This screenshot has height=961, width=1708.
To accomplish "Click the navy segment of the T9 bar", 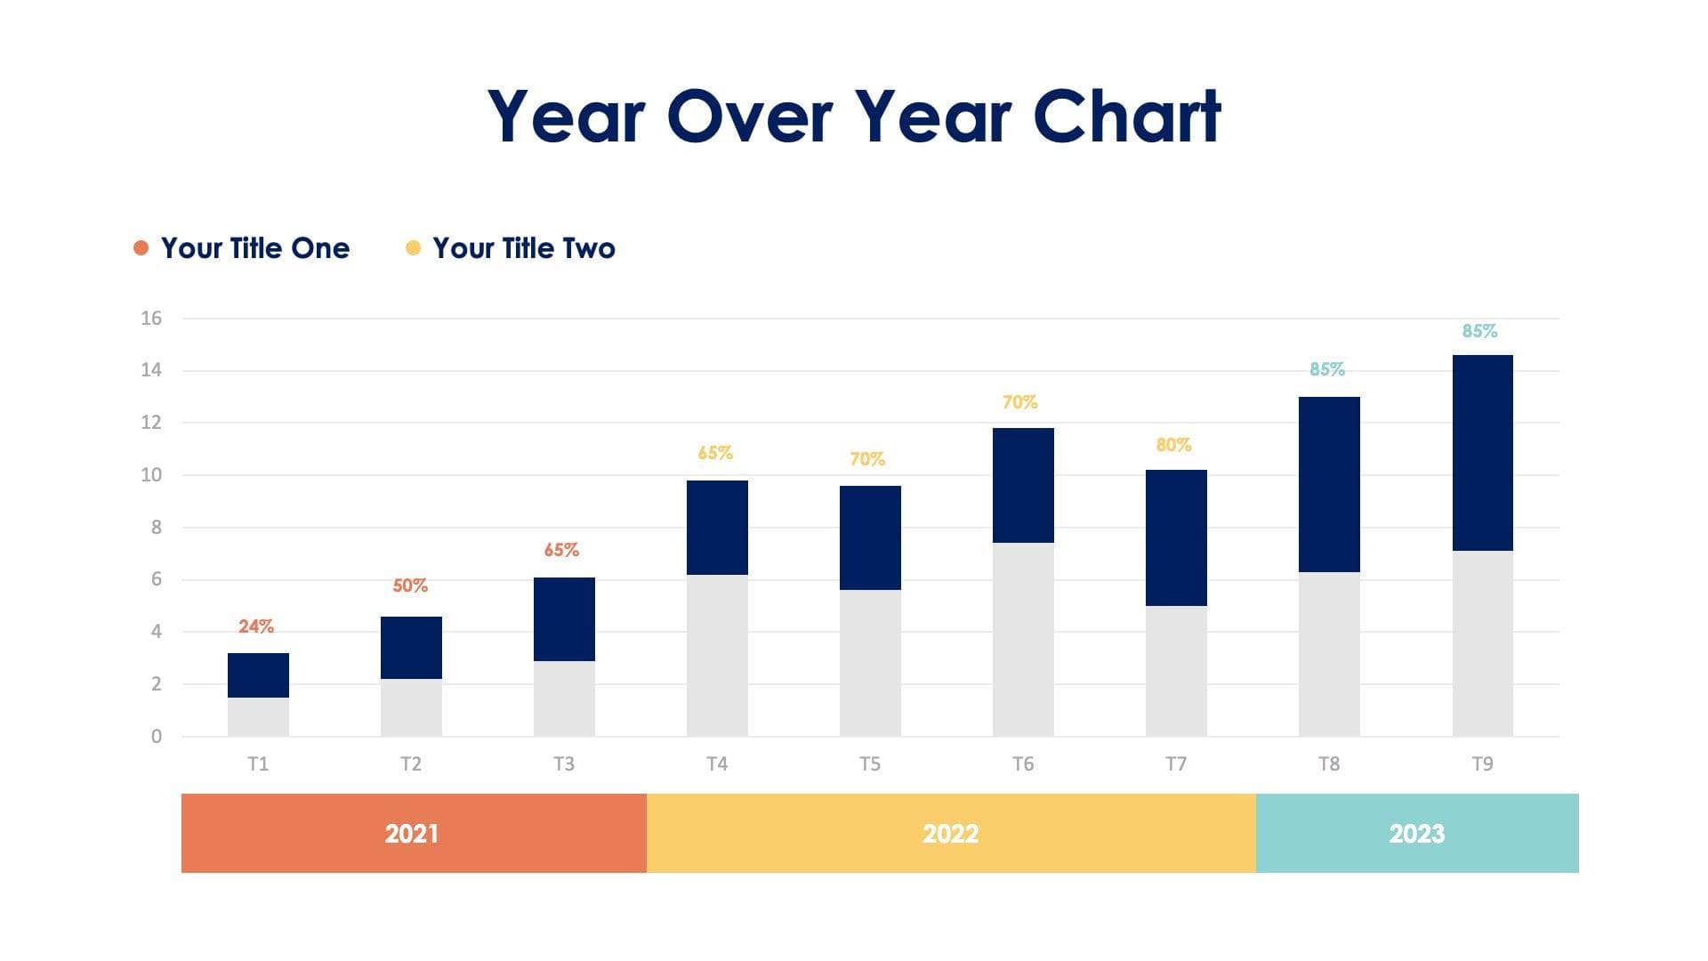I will pos(1482,452).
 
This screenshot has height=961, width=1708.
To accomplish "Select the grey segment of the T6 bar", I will pos(1023,639).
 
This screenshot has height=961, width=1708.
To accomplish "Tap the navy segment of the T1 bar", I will pos(258,674).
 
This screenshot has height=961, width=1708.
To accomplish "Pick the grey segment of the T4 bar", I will pos(717,655).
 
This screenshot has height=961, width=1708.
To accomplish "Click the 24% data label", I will pos(256,626).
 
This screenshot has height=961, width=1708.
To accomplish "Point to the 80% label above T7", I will pos(1173,445).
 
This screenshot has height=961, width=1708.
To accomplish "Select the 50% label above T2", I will pos(410,585).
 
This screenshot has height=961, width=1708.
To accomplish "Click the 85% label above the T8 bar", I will pos(1326,369).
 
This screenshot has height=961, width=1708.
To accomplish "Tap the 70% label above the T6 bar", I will pos(1019,402).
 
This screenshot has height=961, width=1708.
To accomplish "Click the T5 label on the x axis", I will pos(869,763).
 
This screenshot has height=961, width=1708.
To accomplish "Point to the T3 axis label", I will pos(563,763).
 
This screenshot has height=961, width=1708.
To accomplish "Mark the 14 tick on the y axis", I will pos(151,370).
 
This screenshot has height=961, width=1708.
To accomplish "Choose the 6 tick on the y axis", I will pos(157,579).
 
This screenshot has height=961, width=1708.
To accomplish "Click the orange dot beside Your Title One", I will pos(141,247).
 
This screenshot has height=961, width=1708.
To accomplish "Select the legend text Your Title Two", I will pos(523,248).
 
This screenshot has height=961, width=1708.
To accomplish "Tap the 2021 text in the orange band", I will pos(411,834).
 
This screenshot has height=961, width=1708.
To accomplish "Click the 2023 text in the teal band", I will pos(1416,834).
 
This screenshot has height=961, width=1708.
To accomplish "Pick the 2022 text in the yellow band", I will pos(950,834).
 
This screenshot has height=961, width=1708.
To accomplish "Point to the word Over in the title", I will pos(749,117).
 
